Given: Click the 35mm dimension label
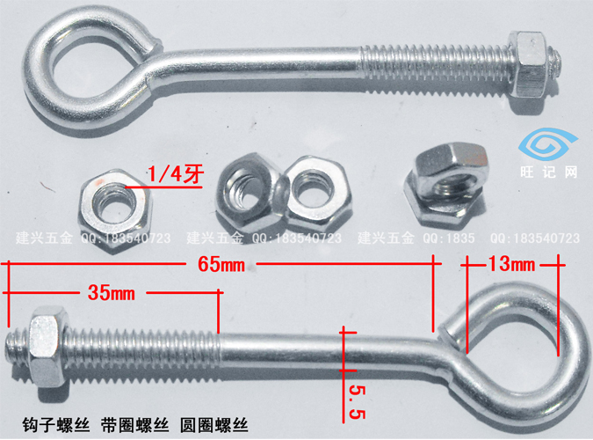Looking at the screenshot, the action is [x=112, y=293].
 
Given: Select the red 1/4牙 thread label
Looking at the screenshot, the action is [x=174, y=172].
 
